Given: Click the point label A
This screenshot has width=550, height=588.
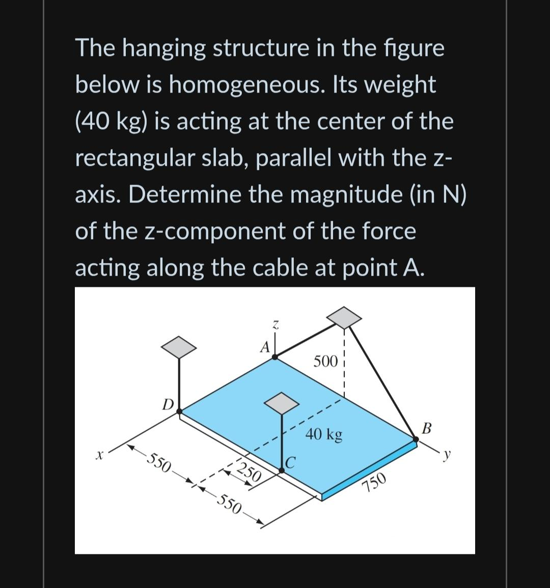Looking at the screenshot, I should click(x=264, y=347).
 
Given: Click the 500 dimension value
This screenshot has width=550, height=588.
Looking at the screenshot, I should click(x=325, y=362).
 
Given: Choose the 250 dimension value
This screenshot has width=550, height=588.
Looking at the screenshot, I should click(x=250, y=473).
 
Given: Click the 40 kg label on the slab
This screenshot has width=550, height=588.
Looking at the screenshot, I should click(x=324, y=435).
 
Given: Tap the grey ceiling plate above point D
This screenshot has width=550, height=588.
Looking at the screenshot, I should click(x=179, y=346).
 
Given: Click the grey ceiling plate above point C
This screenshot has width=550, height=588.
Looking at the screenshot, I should click(x=281, y=403).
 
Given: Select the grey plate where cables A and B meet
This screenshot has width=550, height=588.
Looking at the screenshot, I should click(x=344, y=317).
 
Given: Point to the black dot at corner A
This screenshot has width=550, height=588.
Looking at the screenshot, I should click(x=276, y=358).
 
